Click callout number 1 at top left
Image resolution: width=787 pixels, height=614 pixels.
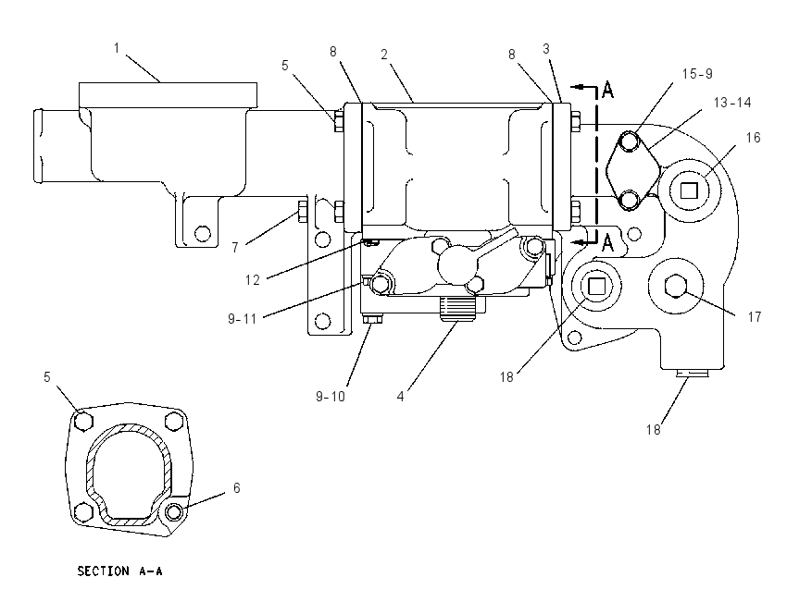tap(117, 48)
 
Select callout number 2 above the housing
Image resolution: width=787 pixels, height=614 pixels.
tap(384, 55)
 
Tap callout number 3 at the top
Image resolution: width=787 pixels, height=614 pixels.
tap(546, 49)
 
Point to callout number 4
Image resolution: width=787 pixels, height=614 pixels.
tap(400, 397)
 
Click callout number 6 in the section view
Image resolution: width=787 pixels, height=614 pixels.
tap(237, 487)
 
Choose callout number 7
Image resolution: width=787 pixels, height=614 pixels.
tap(235, 248)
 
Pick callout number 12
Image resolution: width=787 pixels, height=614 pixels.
tap(253, 279)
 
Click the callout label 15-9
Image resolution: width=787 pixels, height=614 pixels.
tap(697, 74)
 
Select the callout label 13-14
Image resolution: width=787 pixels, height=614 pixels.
tap(732, 103)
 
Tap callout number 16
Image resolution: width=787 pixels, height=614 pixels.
tap(753, 138)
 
